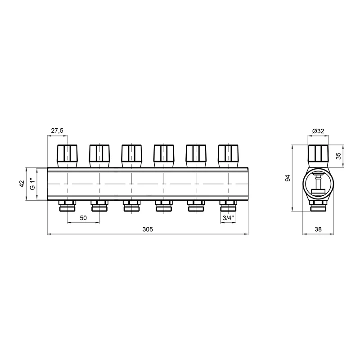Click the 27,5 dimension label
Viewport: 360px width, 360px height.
(57, 130)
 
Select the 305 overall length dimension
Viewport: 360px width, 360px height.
(148, 229)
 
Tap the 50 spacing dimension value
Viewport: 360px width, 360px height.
(83, 218)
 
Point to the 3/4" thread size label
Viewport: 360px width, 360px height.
(228, 218)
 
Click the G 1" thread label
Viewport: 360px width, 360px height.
(32, 184)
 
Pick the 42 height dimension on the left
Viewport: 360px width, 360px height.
(22, 184)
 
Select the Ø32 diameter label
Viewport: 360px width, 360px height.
(318, 131)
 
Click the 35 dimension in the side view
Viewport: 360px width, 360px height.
(338, 156)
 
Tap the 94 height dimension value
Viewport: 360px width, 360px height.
(288, 178)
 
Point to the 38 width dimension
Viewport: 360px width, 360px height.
(318, 229)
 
